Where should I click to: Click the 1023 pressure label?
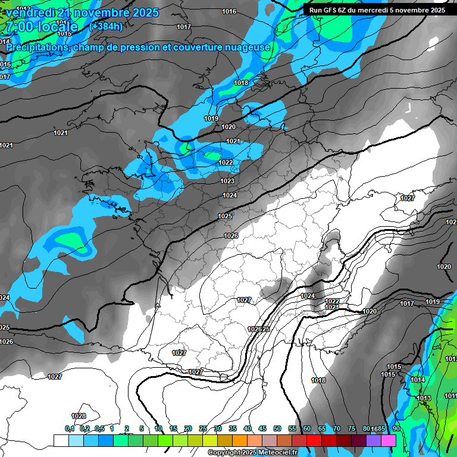tap(227, 181)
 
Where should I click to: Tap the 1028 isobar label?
tap(79, 416)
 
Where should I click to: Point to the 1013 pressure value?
tap(424, 398)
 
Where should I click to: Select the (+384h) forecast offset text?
tap(106, 26)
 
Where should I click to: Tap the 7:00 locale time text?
tap(41, 27)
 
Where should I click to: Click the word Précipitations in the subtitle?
tap(36, 47)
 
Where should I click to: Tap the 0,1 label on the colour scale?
tap(70, 428)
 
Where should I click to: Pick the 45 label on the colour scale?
tap(262, 428)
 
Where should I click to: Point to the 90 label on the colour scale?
tap(396, 428)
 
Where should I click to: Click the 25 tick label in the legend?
tap(203, 428)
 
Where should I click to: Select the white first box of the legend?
tap(61, 440)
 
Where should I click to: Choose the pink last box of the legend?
tap(389, 440)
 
